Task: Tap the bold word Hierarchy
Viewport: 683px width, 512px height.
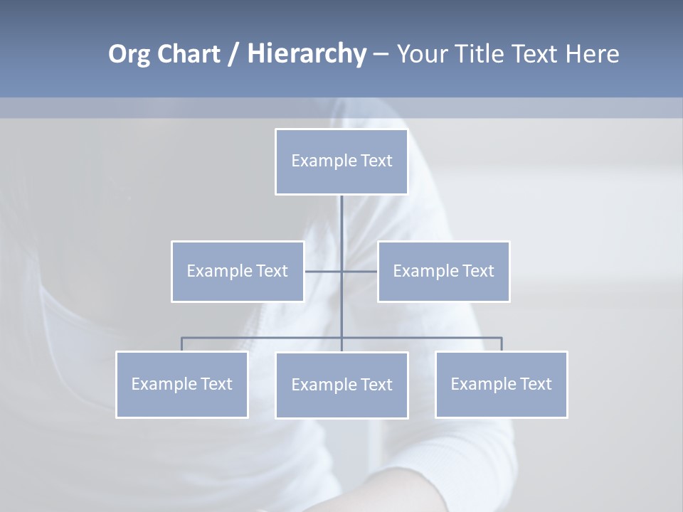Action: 307,55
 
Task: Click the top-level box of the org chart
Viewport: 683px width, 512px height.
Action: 341,161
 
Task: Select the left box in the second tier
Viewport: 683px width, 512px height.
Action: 238,272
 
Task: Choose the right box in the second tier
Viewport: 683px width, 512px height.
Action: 443,272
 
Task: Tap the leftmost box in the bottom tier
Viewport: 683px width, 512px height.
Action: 182,385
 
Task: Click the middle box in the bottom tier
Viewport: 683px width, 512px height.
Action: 341,385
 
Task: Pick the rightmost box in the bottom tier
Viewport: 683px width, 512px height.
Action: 502,385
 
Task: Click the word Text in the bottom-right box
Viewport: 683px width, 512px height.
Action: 536,385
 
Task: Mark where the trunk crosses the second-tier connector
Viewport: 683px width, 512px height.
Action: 341,272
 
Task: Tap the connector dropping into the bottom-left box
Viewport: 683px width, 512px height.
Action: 182,344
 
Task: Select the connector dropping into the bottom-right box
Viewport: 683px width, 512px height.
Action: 502,344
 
